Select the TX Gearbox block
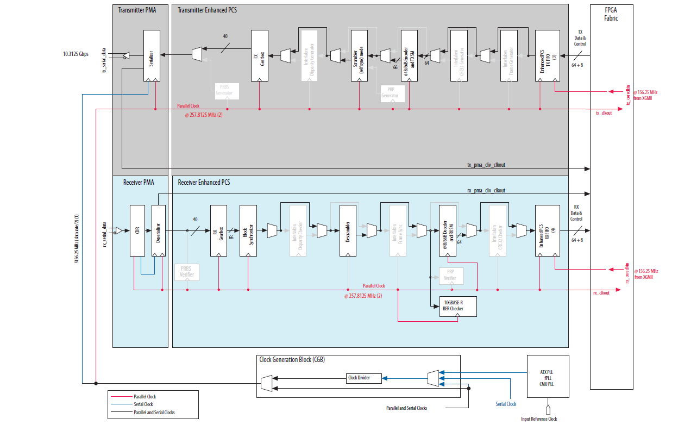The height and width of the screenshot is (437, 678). coord(260,55)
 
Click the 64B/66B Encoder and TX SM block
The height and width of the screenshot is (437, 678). coord(409,55)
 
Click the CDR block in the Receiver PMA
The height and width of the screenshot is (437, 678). coord(136,230)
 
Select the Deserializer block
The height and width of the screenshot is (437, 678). coord(158,230)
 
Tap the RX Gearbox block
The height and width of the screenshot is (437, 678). coord(218,230)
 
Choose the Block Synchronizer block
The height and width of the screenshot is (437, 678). coord(248,230)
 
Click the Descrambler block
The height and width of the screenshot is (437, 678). coord(348,230)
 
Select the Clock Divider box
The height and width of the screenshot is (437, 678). coord(364,378)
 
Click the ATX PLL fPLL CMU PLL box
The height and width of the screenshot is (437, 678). coord(548,378)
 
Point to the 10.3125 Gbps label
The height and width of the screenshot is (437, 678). coord(76,54)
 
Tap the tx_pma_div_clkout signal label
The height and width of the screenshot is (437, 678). coord(486,164)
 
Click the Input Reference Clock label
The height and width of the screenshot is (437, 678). coord(539,419)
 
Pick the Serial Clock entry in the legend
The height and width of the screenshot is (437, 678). coord(143,404)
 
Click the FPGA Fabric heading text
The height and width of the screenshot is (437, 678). coord(611,14)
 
